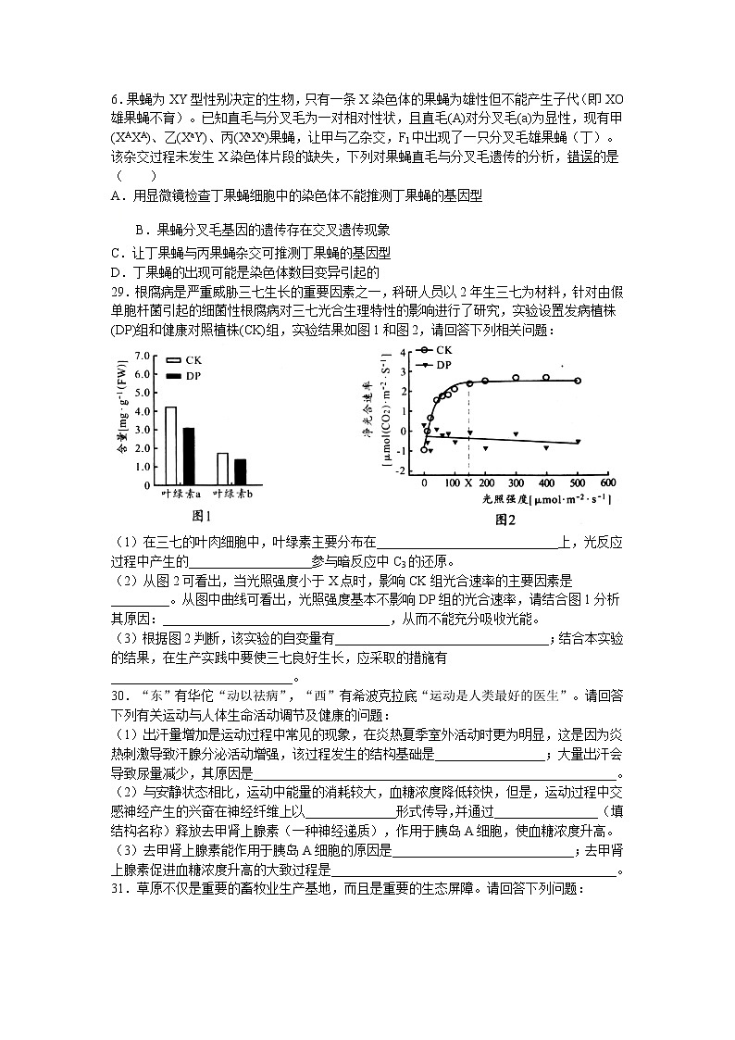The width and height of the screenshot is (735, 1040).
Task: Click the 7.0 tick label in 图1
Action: (142, 355)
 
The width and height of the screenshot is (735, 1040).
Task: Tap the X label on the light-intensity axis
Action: (468, 483)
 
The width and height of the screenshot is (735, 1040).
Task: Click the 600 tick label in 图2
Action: (607, 483)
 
